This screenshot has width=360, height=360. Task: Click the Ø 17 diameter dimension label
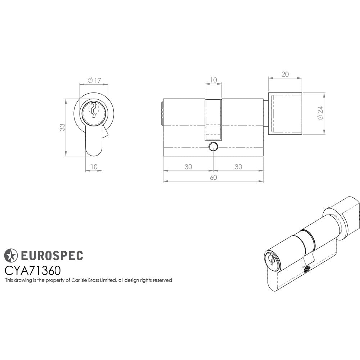coord(94,80)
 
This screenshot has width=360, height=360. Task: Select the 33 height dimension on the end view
coord(62,127)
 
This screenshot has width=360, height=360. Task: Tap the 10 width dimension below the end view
coord(94,167)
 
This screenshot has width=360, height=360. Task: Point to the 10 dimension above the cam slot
coord(213,80)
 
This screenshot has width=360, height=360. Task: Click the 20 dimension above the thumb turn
coord(285,74)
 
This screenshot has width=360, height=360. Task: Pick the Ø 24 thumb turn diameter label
coord(320,113)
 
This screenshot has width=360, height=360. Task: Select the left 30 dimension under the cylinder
coord(188,167)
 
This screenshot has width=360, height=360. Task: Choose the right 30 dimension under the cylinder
coord(238,167)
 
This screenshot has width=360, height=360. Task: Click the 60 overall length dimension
coord(213,177)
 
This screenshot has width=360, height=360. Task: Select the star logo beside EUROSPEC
coord(11,255)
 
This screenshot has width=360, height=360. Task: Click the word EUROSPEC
coord(51,256)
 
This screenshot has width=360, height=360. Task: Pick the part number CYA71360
coord(32,270)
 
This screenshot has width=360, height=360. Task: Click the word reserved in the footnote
coord(162,280)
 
